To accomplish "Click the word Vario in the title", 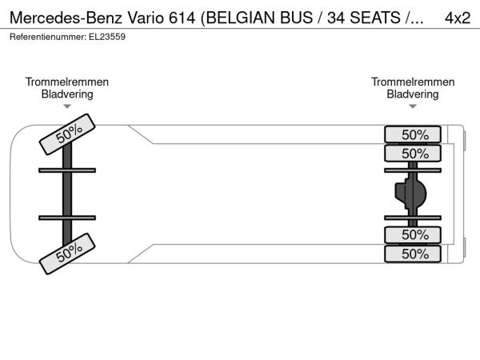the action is (146, 18).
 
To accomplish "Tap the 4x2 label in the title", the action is (458, 18).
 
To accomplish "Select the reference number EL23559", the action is (107, 37).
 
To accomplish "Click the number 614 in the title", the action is (182, 18).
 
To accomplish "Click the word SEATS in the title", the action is (374, 18).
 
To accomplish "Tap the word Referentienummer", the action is (48, 37).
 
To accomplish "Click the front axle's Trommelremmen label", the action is (67, 82).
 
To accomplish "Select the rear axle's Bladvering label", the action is (413, 94).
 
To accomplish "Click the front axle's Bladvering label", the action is (67, 94).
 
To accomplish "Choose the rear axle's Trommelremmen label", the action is (413, 82).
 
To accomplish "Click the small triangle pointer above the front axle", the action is (67, 106).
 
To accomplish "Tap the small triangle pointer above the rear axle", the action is (413, 106).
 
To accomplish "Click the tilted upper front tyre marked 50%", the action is (67, 134).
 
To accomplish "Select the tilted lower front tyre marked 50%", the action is (67, 254).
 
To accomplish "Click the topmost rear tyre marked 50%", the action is (413, 134).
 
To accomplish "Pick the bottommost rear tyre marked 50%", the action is (413, 254).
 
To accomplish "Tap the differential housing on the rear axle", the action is (410, 194).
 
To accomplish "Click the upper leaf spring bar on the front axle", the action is (67, 170).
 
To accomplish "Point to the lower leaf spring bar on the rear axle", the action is (413, 218).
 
